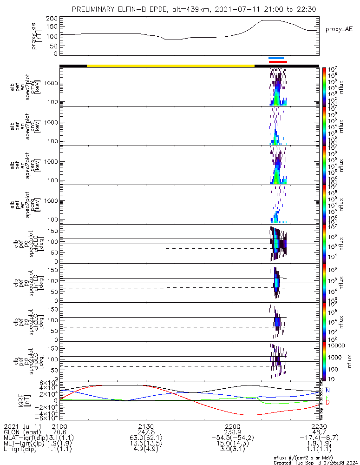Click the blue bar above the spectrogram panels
(x=276, y=58)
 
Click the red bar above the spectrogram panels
(x=278, y=61)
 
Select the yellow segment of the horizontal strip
(x=171, y=66)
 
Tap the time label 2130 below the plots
(x=146, y=426)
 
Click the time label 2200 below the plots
(x=232, y=426)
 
